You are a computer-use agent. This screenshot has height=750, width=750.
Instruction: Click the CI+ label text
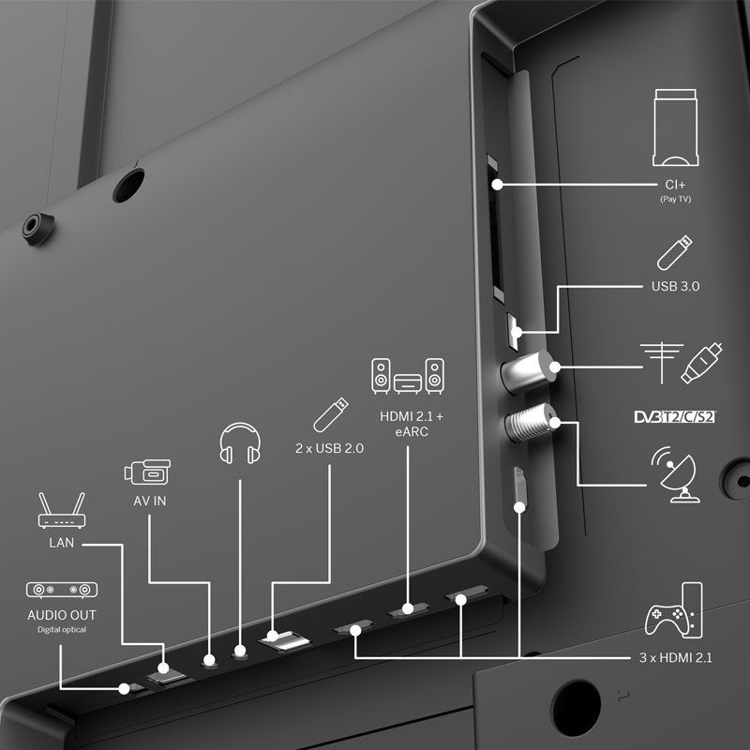pos(675,185)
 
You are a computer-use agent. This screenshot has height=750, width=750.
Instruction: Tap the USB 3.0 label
pos(675,286)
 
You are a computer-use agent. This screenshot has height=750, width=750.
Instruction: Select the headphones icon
pos(240,443)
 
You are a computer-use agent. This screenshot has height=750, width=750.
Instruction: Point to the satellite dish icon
pos(675,474)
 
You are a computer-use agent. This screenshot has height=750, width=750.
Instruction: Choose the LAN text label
pos(61,543)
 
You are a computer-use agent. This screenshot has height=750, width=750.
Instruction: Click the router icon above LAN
pos(62,510)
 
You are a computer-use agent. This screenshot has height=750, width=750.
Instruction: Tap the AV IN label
pos(150,501)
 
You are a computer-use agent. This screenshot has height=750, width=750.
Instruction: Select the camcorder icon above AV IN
pos(147,472)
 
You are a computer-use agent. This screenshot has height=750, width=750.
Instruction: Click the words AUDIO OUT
pos(62,615)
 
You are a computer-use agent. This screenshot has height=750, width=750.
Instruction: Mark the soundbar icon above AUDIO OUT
pos(62,590)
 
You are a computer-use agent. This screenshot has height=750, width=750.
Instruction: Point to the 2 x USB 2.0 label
pos(330,448)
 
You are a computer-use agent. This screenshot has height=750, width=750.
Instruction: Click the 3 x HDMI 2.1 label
pos(675,658)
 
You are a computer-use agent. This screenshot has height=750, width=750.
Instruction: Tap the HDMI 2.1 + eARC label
pos(412,424)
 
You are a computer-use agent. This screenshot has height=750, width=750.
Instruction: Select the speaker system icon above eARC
pos(408,376)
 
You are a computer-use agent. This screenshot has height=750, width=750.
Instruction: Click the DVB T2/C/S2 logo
pos(675,416)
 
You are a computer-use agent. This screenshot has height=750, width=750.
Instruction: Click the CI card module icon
pos(675,127)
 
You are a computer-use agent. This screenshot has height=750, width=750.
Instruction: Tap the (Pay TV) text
pos(675,199)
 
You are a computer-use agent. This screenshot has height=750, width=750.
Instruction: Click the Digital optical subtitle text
pos(62,629)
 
